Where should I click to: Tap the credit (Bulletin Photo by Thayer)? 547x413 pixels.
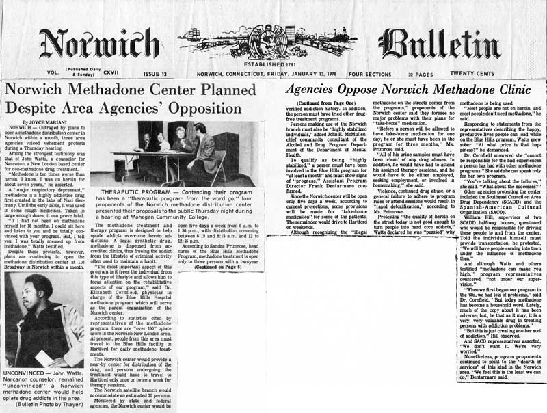(x=46, y=403)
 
